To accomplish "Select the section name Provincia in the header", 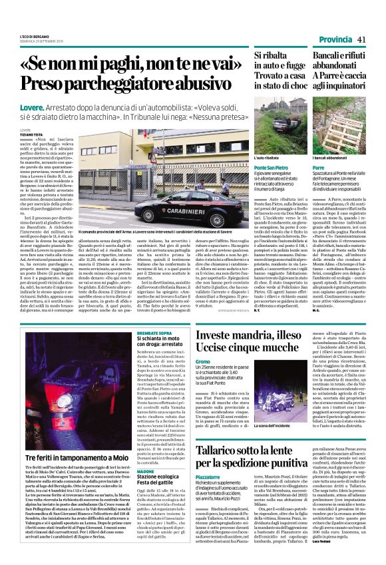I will click(x=336, y=39).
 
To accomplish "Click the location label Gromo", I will click(x=203, y=362).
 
